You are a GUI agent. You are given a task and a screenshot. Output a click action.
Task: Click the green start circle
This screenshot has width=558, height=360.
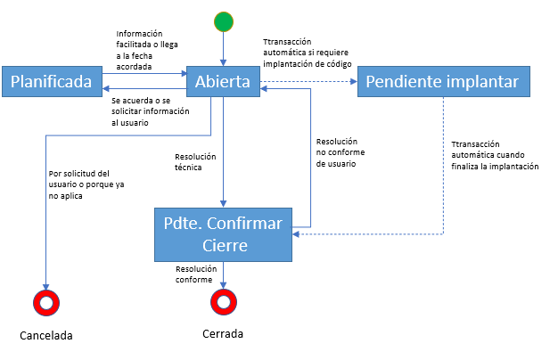224,21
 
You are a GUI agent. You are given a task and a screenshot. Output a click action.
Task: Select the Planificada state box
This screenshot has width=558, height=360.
53,81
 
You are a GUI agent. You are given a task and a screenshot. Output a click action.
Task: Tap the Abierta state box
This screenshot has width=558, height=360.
223,81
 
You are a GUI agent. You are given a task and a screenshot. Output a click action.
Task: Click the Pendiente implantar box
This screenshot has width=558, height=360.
444,81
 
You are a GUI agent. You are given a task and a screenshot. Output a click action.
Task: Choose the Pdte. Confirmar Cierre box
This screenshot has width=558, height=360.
223,234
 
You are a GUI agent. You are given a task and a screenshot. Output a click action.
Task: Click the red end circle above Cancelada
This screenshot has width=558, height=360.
46,303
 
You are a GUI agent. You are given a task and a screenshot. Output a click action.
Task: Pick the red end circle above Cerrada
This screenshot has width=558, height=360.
224,302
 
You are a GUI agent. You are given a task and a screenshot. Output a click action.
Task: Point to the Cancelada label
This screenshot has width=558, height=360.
46,335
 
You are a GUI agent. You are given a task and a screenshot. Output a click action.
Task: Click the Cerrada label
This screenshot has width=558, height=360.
223,333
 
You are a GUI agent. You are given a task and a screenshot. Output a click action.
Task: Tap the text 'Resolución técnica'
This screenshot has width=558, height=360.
195,162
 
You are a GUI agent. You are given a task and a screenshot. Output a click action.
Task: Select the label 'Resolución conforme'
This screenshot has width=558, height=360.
196,274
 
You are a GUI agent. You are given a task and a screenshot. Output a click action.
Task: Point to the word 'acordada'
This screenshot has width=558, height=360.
135,67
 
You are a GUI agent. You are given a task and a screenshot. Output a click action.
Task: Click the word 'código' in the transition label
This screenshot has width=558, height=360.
339,64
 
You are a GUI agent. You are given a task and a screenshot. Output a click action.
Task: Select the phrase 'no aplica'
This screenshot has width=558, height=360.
65,196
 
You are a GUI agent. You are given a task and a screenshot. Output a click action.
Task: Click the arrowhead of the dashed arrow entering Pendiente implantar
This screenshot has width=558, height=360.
354,81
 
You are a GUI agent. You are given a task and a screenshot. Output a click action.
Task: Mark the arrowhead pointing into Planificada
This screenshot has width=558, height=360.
106,88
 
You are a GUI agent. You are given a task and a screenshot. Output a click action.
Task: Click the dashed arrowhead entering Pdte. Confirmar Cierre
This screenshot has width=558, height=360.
296,234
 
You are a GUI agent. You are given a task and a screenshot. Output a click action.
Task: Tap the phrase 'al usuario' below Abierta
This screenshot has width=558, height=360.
130,123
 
